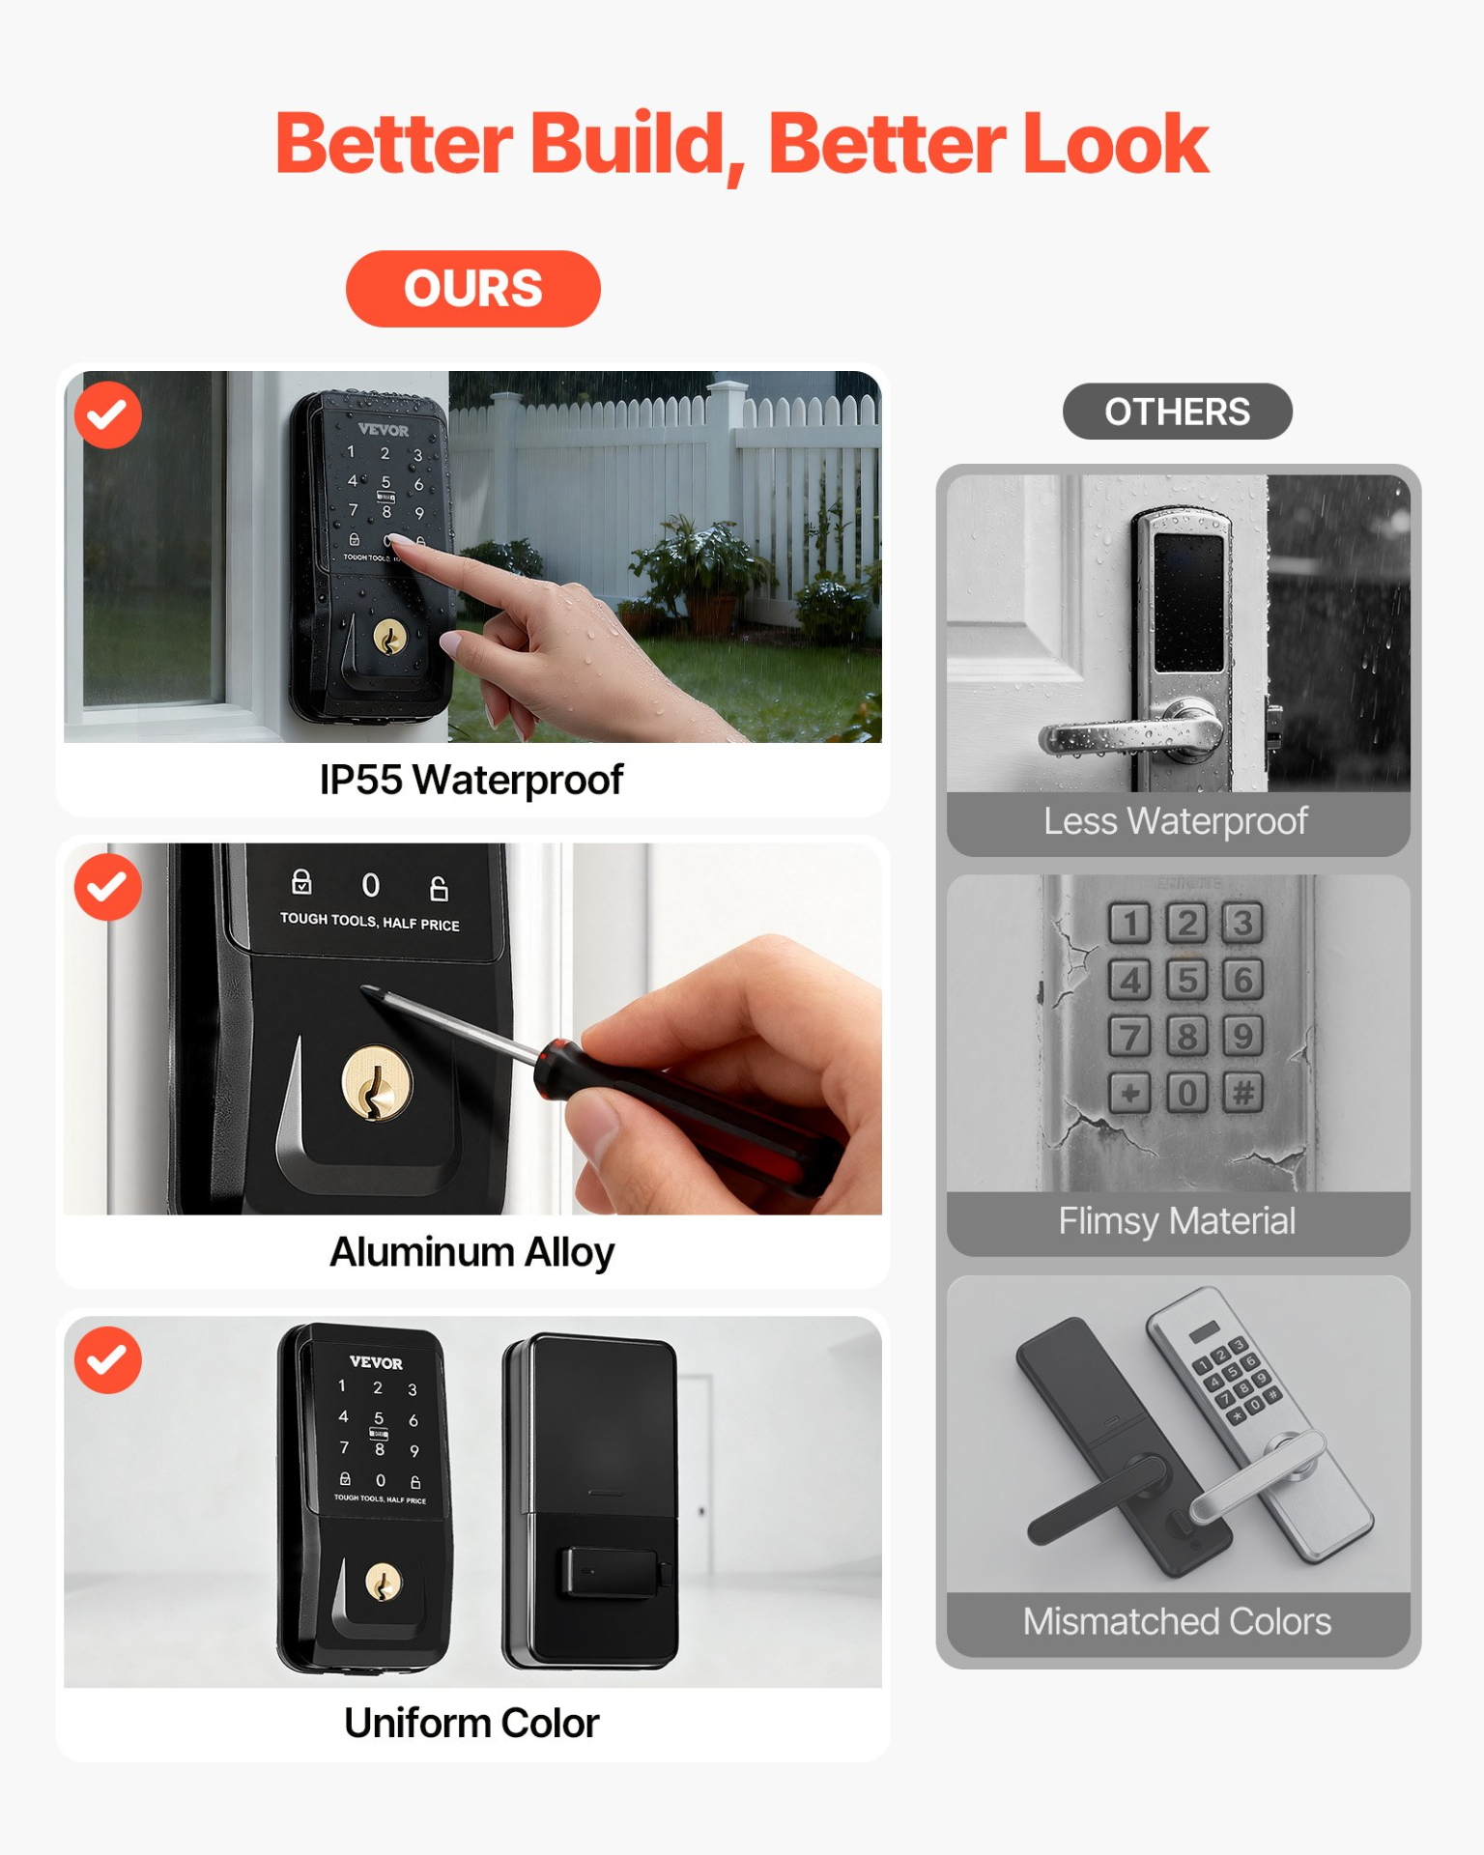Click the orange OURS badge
[472, 288]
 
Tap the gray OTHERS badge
[1176, 412]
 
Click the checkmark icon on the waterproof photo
[108, 415]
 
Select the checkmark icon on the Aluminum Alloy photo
[108, 887]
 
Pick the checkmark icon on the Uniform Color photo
[108, 1359]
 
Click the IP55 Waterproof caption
[471, 780]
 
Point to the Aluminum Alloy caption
[471, 1252]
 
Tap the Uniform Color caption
[471, 1724]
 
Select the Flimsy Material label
[1176, 1221]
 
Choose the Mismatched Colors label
[1176, 1621]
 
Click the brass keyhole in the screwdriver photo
[377, 1085]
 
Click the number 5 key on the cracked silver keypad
[1186, 980]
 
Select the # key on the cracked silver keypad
[1243, 1093]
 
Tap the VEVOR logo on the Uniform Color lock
[376, 1362]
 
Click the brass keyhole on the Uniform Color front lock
[383, 1582]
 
